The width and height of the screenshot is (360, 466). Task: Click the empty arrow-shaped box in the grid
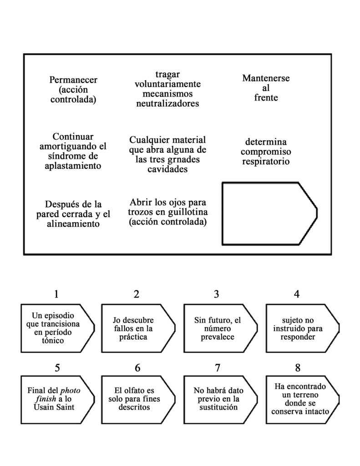point(269,213)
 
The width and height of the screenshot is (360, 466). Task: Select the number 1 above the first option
point(56,294)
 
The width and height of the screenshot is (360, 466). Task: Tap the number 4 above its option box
point(297,294)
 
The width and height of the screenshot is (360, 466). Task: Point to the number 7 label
point(217,368)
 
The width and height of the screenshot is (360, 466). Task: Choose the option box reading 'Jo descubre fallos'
point(137,328)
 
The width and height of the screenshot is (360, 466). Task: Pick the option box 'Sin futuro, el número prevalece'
point(217,328)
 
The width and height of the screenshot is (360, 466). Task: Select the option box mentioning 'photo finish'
point(56,399)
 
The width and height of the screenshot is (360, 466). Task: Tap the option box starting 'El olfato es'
point(137,399)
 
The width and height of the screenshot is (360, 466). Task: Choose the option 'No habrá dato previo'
point(217,399)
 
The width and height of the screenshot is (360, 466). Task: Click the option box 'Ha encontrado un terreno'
point(299,399)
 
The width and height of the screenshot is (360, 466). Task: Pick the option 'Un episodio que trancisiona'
point(56,328)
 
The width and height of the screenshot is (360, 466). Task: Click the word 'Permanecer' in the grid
point(73,80)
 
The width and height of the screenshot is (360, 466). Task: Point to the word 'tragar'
point(167,75)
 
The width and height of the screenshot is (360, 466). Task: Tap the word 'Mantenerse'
point(266,78)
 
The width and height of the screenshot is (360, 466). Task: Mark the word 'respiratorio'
point(266,161)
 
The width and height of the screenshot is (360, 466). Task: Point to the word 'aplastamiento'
point(73,166)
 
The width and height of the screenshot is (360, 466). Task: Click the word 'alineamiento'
point(73,224)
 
